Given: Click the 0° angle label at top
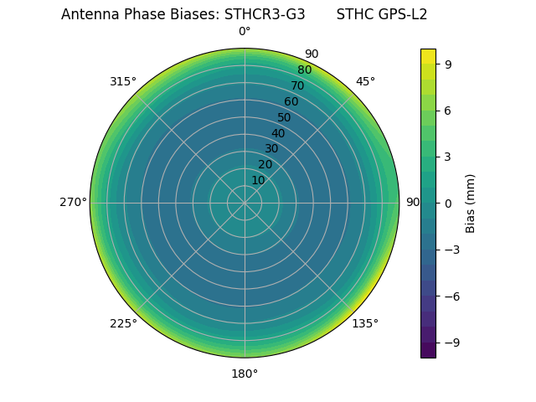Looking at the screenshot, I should coord(245,32).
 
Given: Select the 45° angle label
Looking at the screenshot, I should coord(365,81).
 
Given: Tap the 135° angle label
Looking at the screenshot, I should coord(365,323).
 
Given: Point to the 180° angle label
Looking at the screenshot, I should coord(245,374).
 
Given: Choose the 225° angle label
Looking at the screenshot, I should coord(123,323).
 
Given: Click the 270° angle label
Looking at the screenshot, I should coord(73,203).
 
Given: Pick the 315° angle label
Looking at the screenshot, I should coord(123,81).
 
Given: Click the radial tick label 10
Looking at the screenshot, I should coord(258,180).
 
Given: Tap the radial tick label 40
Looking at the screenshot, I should coord(278,133).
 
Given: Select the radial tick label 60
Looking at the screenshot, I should coord(291,101).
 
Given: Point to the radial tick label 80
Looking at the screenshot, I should coord(304,70).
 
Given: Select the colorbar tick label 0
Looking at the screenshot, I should coord(449,203).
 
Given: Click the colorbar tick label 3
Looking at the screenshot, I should coord(449,157).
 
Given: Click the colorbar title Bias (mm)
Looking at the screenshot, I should coord(471,203).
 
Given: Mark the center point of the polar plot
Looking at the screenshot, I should coord(245,203).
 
